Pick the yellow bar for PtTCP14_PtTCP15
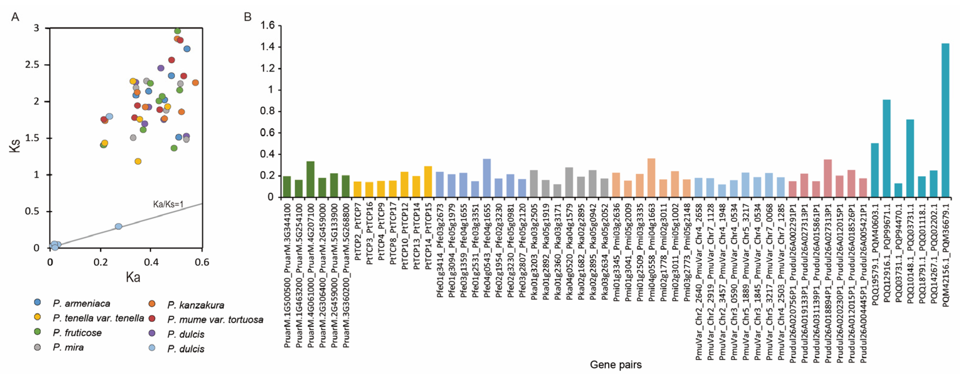pos(428,182)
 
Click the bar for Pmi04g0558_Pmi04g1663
pos(651,178)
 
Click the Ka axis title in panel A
pos(133,277)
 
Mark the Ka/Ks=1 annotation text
pos(168,204)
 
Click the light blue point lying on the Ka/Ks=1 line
pos(119,226)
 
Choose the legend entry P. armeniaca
pos(82,304)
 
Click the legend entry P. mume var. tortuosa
pos(215,320)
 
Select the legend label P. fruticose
pos(77,333)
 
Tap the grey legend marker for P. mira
pos(37,347)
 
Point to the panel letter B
pos(247,17)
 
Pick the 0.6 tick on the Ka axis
pos(201,262)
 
